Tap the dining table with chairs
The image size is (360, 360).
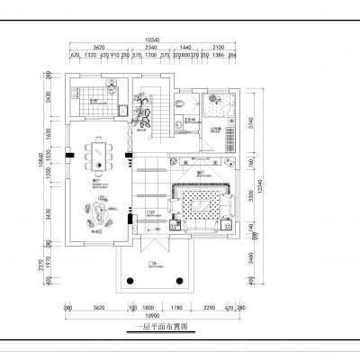(96, 157)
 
